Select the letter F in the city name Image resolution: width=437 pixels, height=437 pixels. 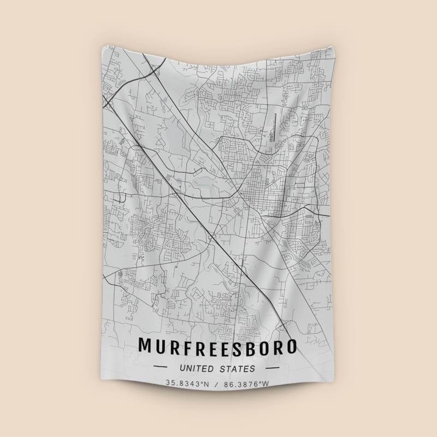coord(187,346)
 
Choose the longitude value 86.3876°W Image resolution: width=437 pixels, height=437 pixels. coord(248,383)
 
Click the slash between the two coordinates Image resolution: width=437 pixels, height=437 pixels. coord(217,383)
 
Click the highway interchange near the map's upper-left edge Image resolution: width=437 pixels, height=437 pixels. coord(109,99)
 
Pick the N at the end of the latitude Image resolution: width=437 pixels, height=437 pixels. coord(206,383)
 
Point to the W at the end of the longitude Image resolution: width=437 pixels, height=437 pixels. coord(267,383)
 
